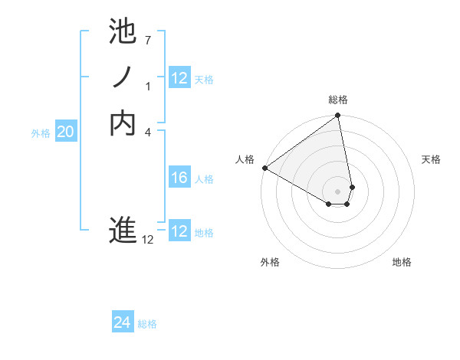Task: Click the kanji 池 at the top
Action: coord(123,32)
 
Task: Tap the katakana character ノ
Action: coord(123,77)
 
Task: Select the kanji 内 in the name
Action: coord(123,123)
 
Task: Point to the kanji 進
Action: coord(123,231)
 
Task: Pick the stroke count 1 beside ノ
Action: coord(148,86)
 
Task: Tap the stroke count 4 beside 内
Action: coord(148,132)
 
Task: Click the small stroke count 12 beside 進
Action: coord(148,240)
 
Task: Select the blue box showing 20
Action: coord(66,132)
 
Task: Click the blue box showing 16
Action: coord(179,178)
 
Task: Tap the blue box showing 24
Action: coord(123,322)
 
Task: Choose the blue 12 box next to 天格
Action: coord(179,78)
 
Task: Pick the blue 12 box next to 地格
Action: coord(179,231)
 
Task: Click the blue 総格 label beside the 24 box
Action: coord(147,324)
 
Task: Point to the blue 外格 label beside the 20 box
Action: coord(41,133)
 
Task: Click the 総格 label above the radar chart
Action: coord(337,100)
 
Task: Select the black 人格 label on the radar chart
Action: coord(245,159)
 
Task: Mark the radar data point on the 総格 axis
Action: coord(337,116)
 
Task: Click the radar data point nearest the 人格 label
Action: coord(264,168)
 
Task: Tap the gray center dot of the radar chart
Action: coord(337,191)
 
